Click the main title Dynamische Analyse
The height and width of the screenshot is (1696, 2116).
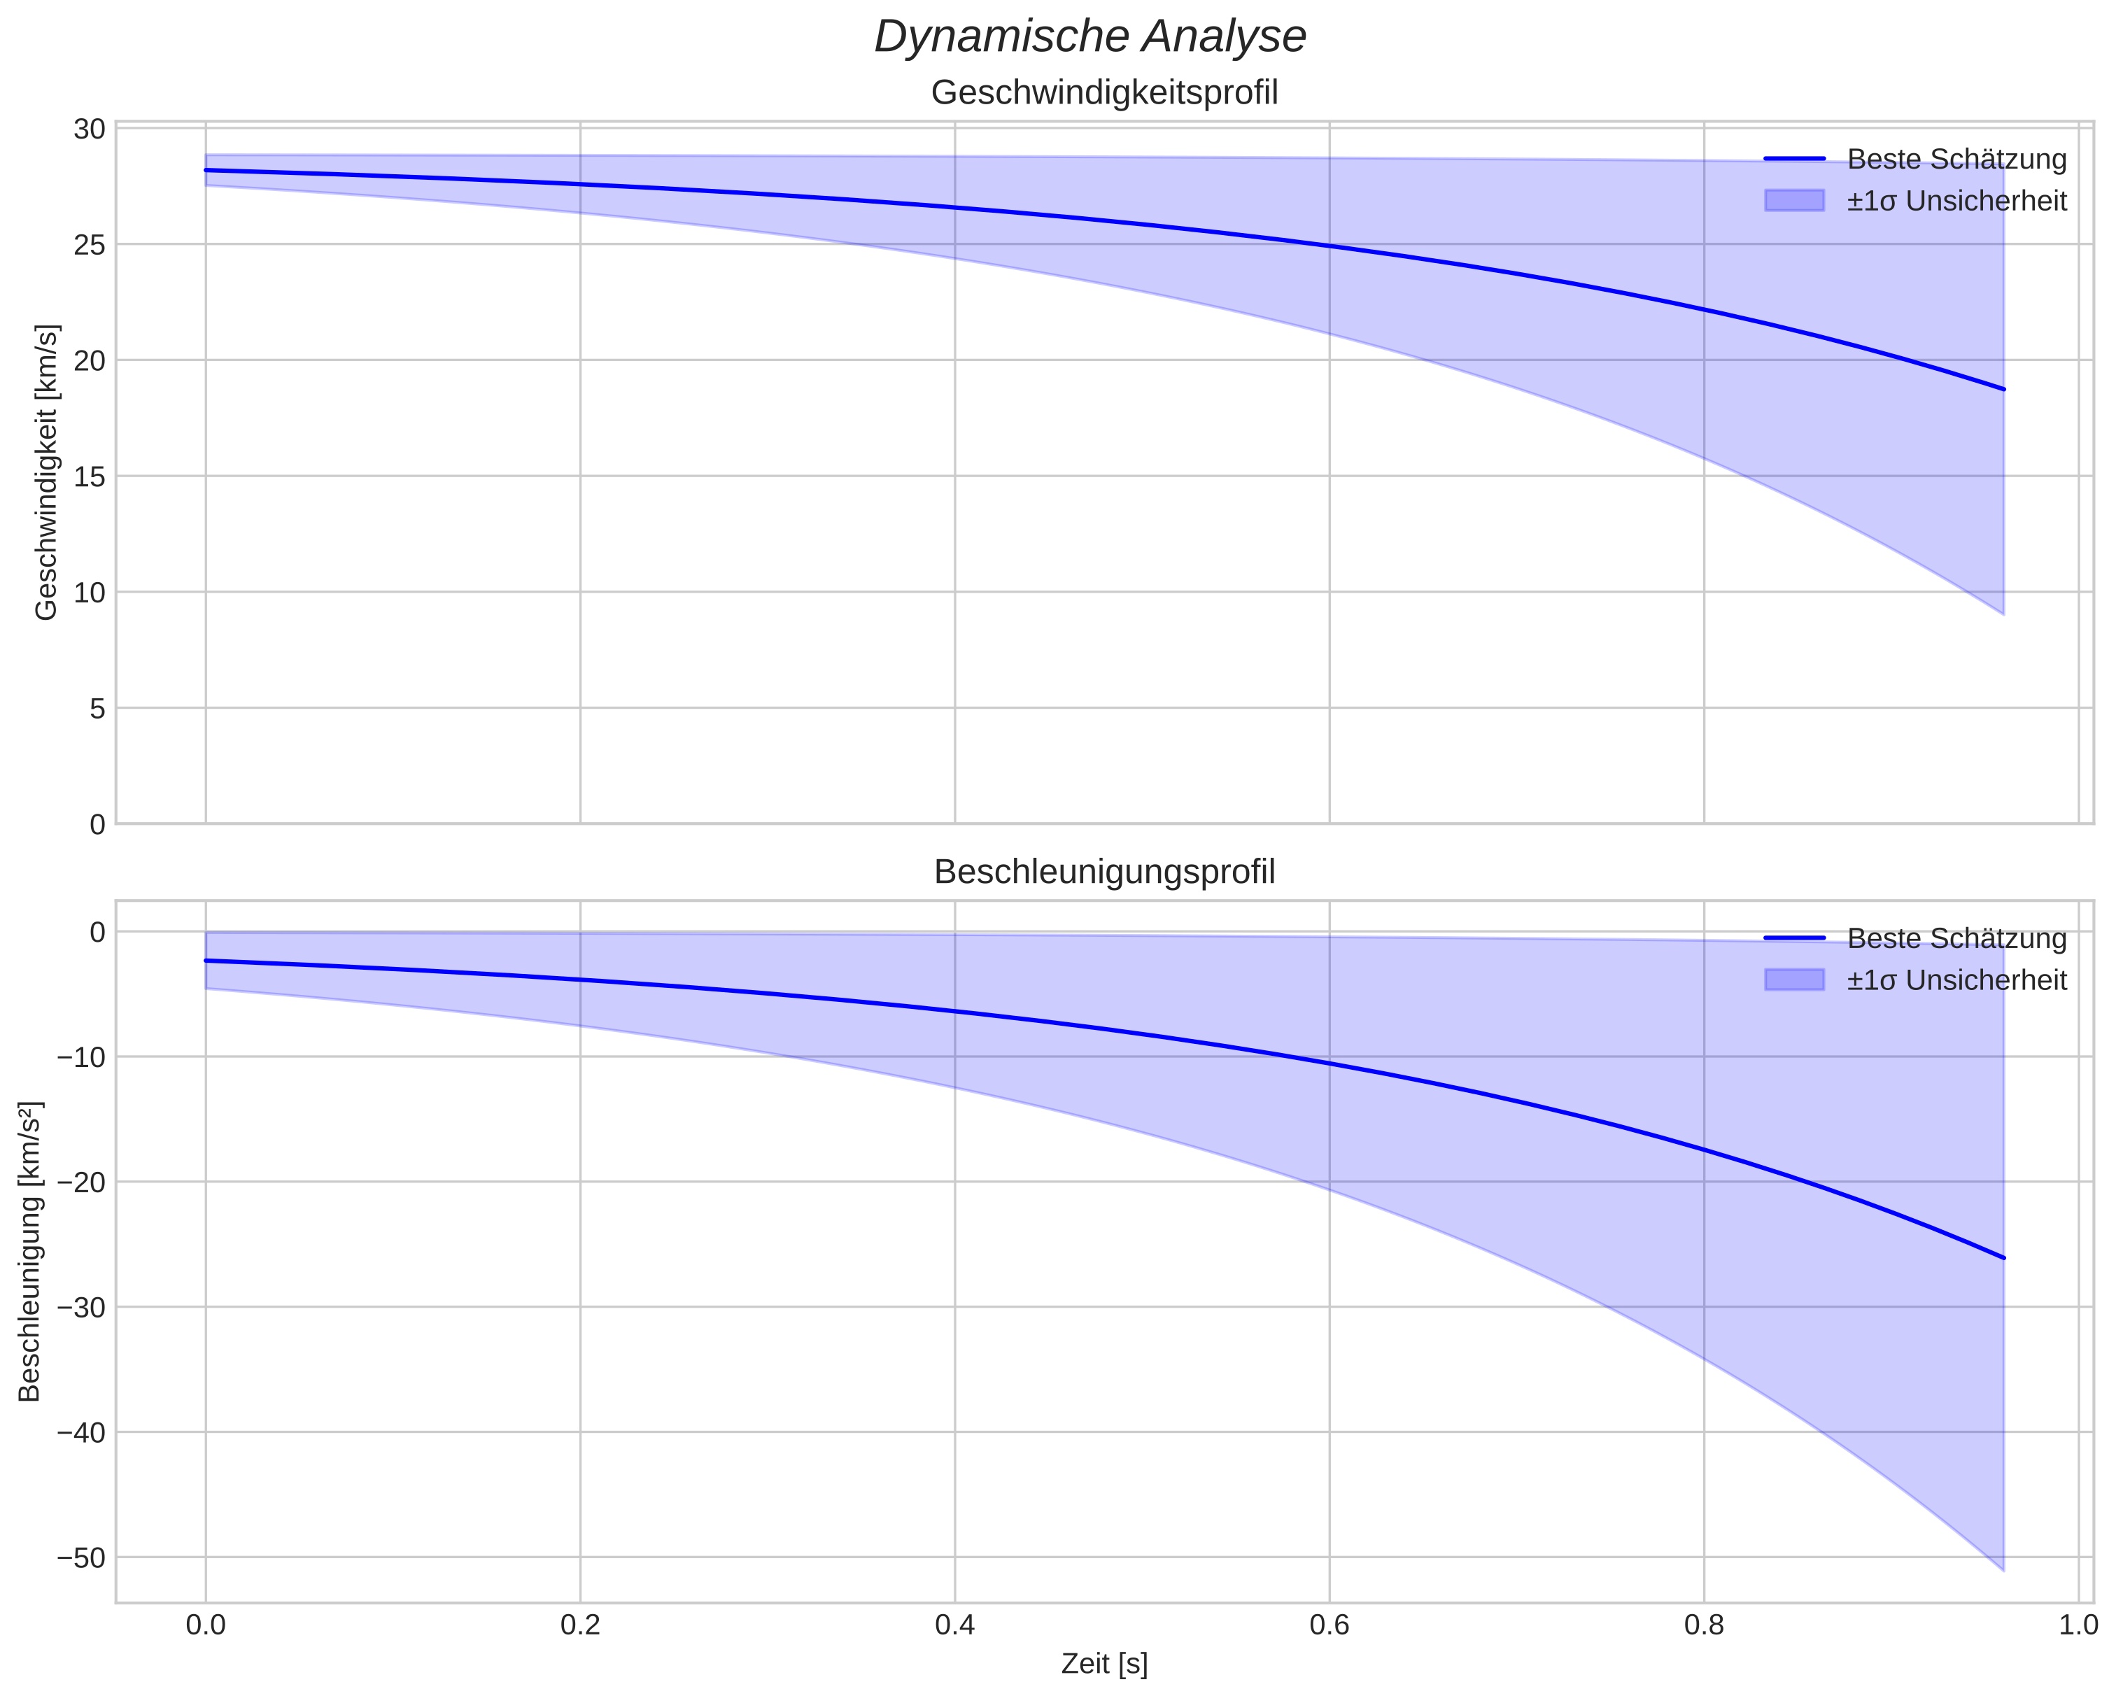point(1089,37)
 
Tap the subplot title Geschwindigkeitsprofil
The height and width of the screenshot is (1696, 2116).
point(1104,93)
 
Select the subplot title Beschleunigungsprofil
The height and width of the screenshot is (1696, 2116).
point(1104,872)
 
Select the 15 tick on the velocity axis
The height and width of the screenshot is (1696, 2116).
point(90,477)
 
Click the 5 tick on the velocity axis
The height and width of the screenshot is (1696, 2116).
point(97,709)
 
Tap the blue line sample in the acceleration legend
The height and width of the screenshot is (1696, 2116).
point(1794,938)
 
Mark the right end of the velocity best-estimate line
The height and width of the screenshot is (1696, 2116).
point(2003,389)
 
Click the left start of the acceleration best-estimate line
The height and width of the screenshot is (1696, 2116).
point(206,960)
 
